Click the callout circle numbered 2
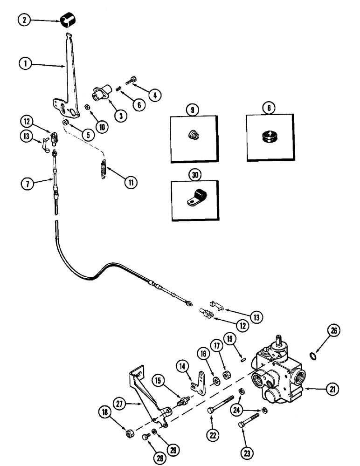click(25, 21)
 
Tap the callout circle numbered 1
click(25, 64)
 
